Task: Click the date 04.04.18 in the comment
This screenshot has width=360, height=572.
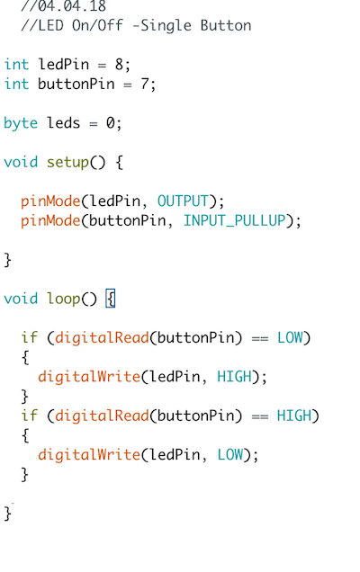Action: click(x=72, y=5)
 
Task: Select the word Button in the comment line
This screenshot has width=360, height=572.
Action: click(x=226, y=25)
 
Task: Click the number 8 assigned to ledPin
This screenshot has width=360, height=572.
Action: click(x=119, y=65)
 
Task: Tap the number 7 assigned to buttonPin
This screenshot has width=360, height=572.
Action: click(x=145, y=84)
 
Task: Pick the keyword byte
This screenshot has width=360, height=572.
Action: click(x=21, y=124)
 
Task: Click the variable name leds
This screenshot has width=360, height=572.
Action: click(x=63, y=123)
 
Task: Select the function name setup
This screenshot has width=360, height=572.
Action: click(x=67, y=163)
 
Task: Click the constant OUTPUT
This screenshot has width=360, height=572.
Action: click(x=183, y=201)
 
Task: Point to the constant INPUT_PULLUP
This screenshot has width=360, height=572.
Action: click(x=234, y=220)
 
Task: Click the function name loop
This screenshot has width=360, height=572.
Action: click(x=64, y=299)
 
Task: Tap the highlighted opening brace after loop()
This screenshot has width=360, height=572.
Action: click(x=111, y=299)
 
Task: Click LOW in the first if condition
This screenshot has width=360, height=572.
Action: click(x=290, y=338)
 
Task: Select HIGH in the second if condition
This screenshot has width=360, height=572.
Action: click(x=294, y=416)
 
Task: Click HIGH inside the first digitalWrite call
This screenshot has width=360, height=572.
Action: click(x=234, y=377)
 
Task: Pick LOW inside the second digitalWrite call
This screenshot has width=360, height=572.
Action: click(x=230, y=455)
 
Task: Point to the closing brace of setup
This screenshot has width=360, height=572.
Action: click(x=8, y=261)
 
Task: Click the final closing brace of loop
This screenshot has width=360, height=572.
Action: click(x=8, y=514)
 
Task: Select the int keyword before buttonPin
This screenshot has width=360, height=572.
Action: click(x=16, y=84)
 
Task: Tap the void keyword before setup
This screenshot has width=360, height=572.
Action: click(x=21, y=162)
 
